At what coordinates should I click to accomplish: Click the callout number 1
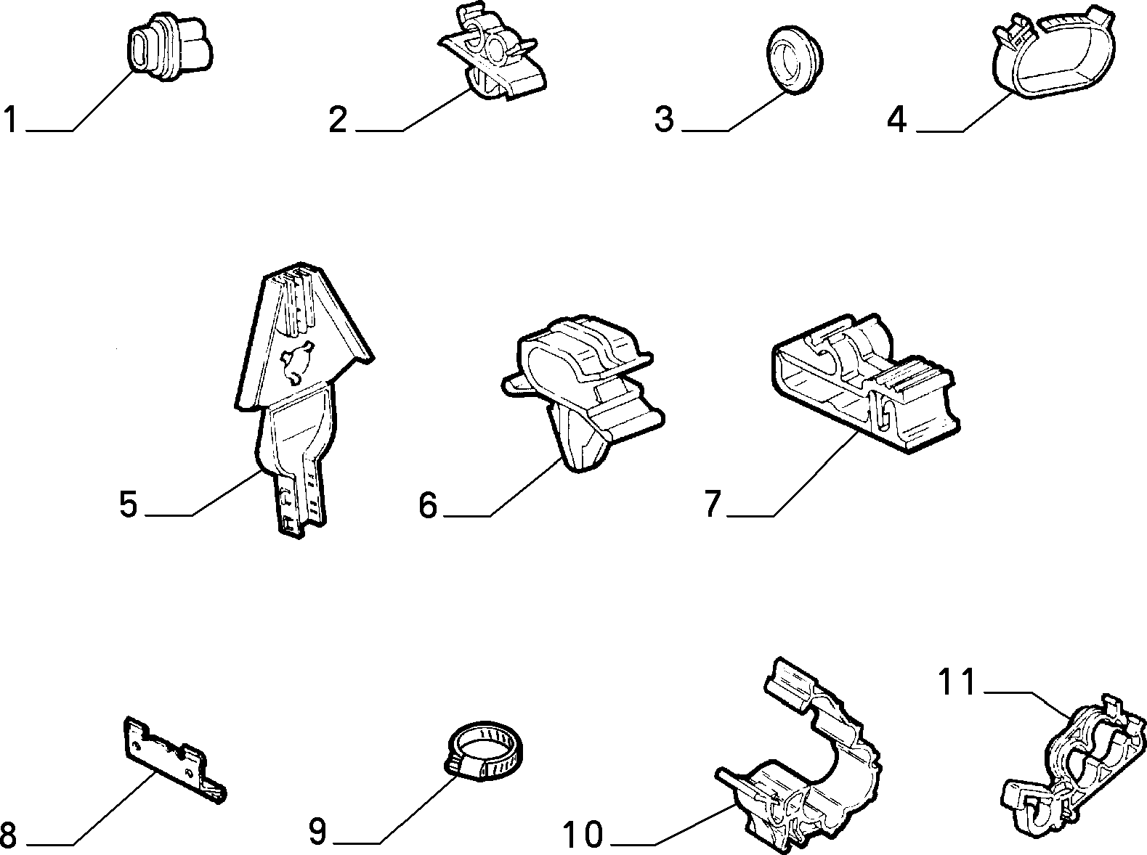pyautogui.click(x=11, y=120)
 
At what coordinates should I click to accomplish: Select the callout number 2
pyautogui.click(x=338, y=120)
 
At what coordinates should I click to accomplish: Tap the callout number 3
pyautogui.click(x=664, y=120)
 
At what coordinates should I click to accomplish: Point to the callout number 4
pyautogui.click(x=896, y=120)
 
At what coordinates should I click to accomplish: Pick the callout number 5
pyautogui.click(x=129, y=504)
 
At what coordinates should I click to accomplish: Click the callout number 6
pyautogui.click(x=427, y=504)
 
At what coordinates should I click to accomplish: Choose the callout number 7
pyautogui.click(x=713, y=504)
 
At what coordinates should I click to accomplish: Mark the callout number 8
pyautogui.click(x=8, y=835)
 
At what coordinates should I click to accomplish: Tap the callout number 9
pyautogui.click(x=317, y=832)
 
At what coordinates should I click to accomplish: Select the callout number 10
pyautogui.click(x=583, y=835)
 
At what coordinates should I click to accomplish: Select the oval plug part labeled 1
pyautogui.click(x=170, y=48)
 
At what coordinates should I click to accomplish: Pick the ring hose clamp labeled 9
pyautogui.click(x=486, y=752)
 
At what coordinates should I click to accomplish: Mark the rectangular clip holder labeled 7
pyautogui.click(x=865, y=384)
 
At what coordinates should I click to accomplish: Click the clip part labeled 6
pyautogui.click(x=583, y=393)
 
